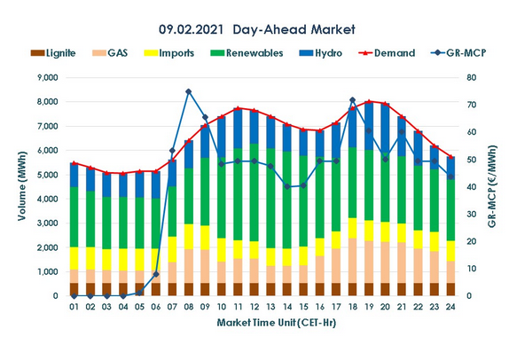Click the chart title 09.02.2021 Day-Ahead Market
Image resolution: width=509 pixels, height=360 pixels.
coord(254,29)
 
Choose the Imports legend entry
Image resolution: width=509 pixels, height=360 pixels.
coord(197,53)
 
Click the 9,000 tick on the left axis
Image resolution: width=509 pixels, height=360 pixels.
coord(45,78)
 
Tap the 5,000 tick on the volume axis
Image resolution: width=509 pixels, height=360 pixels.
coord(45,175)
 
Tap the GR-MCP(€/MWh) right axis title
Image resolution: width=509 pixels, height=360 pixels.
coord(494,186)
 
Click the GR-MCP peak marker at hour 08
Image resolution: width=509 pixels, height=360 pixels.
coord(188,91)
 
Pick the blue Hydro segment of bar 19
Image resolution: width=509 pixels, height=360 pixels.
coord(369,125)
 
